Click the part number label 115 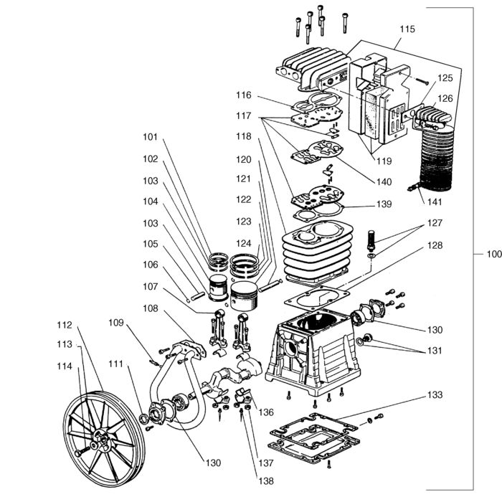coord(407,29)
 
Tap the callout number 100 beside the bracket coord(494,254)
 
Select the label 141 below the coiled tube coord(435,202)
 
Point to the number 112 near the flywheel coord(65,325)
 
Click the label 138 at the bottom coord(266,481)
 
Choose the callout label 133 coord(435,394)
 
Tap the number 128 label coord(435,245)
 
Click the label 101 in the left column coord(150,137)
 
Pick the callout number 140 coord(384,182)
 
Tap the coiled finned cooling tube coord(436,157)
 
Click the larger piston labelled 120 coord(244,296)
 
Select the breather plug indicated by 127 coord(371,240)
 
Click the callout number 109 coord(116,323)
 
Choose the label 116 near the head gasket coord(244,95)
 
